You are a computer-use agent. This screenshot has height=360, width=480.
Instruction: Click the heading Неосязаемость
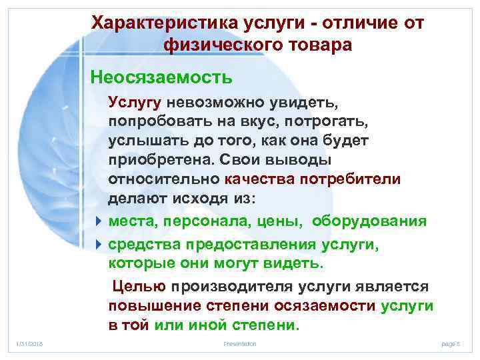point(162,78)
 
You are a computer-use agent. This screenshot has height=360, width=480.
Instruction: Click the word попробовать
point(155,123)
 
